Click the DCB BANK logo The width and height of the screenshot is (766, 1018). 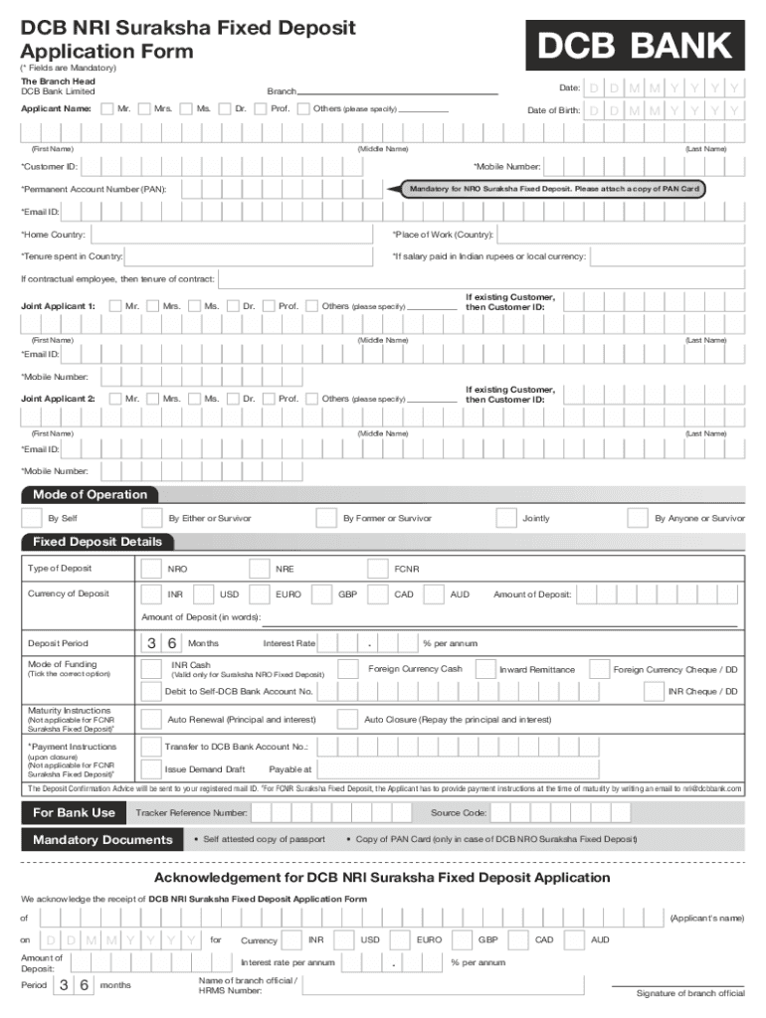pyautogui.click(x=636, y=46)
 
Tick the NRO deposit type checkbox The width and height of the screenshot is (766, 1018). pyautogui.click(x=151, y=570)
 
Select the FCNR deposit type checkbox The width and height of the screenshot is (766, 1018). pyautogui.click(x=377, y=570)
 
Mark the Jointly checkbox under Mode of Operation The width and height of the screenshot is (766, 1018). pyautogui.click(x=506, y=518)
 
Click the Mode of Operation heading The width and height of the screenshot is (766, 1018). pyautogui.click(x=89, y=495)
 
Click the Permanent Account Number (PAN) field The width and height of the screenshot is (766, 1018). pyautogui.click(x=279, y=189)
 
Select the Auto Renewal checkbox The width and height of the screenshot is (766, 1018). pyautogui.click(x=151, y=719)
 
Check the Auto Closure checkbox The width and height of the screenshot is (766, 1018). pyautogui.click(x=348, y=719)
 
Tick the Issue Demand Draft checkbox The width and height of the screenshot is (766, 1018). pyautogui.click(x=151, y=768)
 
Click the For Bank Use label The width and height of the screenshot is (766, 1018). pyautogui.click(x=74, y=812)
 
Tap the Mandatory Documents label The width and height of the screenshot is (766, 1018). pyautogui.click(x=102, y=840)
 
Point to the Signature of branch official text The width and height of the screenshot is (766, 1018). pyautogui.click(x=690, y=993)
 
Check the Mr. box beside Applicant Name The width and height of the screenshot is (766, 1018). pyautogui.click(x=106, y=108)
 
